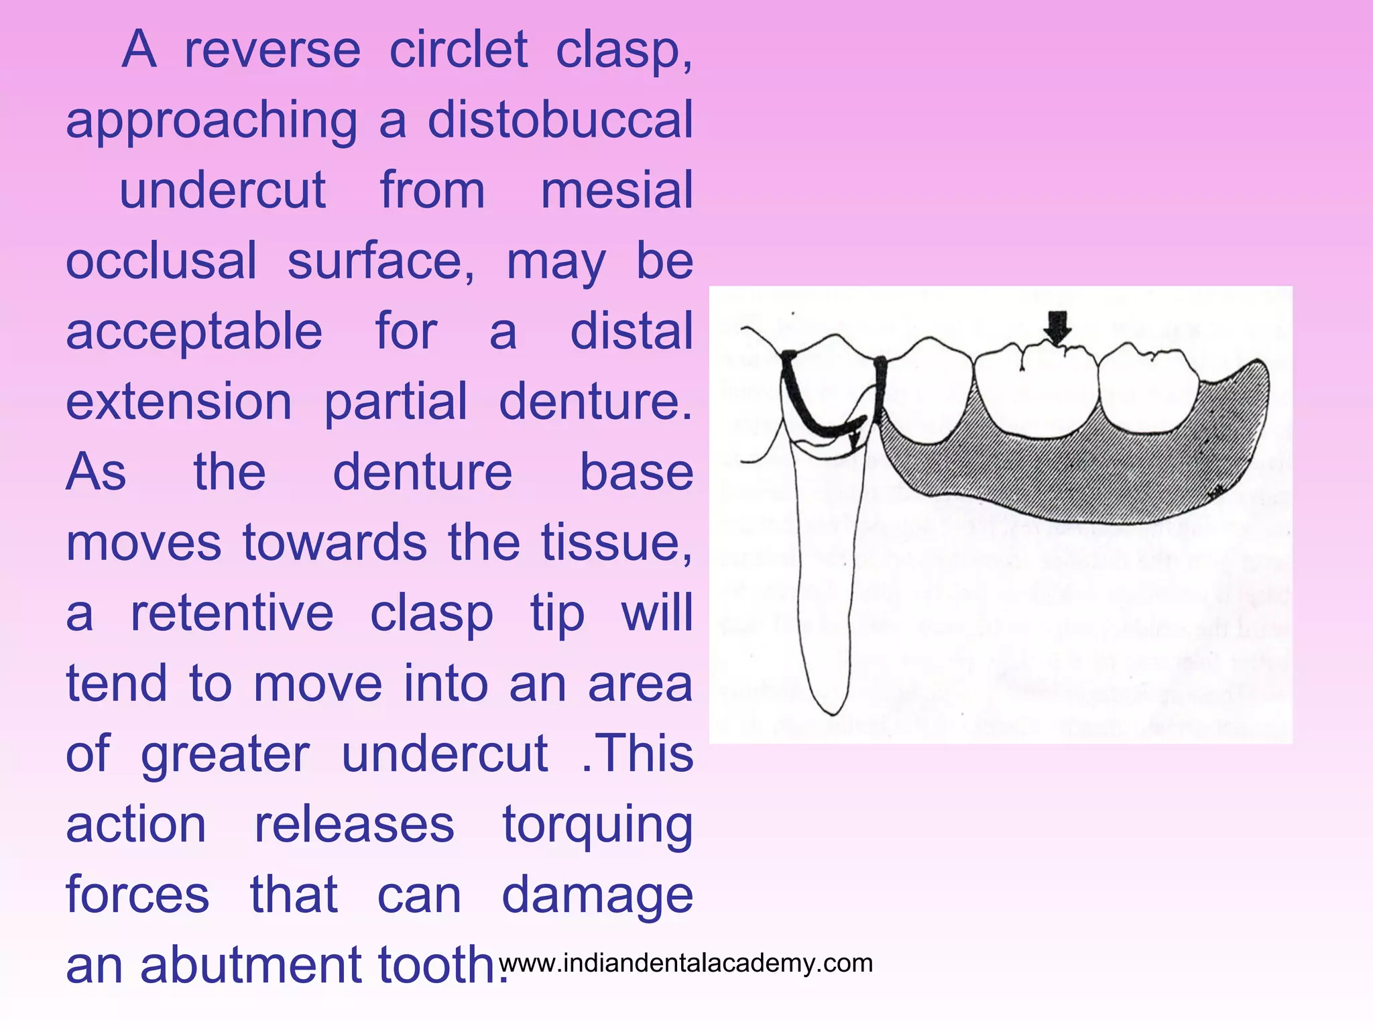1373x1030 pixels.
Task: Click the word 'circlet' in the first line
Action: point(459,50)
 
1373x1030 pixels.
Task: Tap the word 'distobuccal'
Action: point(560,121)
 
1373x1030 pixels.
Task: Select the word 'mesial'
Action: point(616,191)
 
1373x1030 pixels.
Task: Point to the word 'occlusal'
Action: point(161,262)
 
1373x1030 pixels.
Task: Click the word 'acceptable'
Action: point(194,333)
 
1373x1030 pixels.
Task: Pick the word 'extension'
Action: point(179,402)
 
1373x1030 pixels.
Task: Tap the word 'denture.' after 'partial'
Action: point(595,402)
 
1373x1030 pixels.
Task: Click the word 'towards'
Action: point(335,542)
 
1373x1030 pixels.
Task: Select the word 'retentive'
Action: point(231,614)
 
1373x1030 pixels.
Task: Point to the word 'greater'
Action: point(225,755)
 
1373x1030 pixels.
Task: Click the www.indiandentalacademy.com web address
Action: point(686,964)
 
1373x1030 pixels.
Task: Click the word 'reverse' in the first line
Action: point(272,50)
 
